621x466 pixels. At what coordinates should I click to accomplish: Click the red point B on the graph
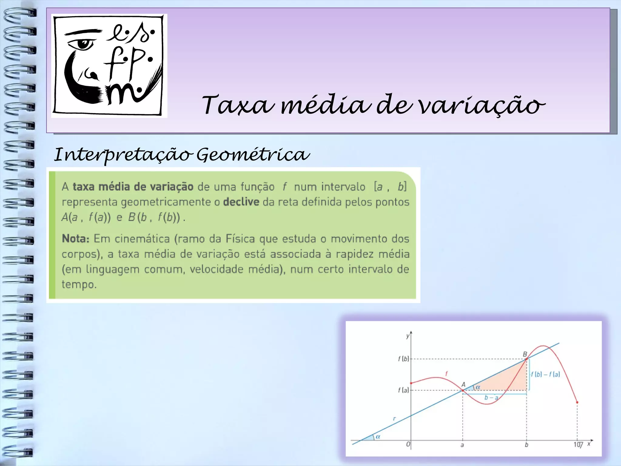click(526, 359)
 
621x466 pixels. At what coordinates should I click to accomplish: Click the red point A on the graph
click(462, 390)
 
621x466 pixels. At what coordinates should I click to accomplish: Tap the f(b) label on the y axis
click(403, 359)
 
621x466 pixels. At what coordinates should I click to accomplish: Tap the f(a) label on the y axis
click(403, 390)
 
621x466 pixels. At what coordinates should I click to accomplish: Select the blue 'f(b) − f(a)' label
click(545, 374)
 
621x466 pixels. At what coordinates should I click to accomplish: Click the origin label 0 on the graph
click(408, 444)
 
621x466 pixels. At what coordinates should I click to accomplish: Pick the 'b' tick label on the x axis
click(526, 445)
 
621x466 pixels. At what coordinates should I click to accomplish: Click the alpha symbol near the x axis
click(378, 437)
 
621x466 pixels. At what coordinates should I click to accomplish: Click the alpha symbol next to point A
click(478, 387)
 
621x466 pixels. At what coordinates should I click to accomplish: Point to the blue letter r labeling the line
click(394, 419)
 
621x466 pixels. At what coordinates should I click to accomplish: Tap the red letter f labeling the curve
click(446, 373)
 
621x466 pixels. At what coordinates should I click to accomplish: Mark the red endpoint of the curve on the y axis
click(411, 383)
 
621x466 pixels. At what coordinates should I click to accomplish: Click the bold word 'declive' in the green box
click(241, 202)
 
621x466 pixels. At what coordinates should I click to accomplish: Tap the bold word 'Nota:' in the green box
click(76, 239)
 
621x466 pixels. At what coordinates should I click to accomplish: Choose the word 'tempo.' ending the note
click(79, 285)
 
